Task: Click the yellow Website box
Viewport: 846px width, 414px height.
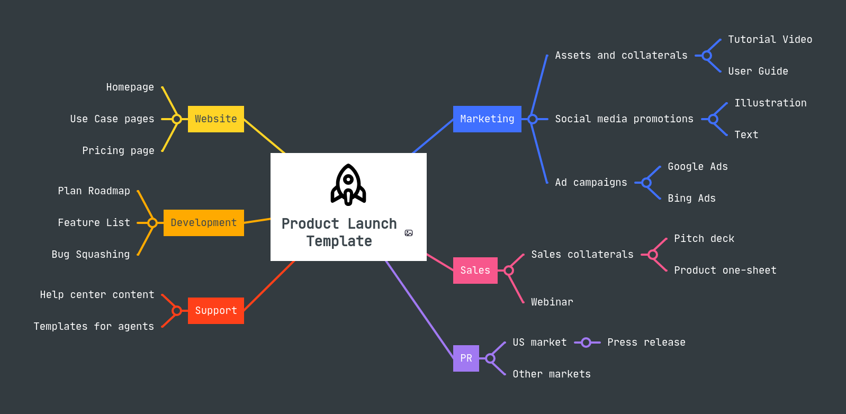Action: pyautogui.click(x=215, y=119)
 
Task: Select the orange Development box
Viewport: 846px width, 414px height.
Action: pyautogui.click(x=203, y=223)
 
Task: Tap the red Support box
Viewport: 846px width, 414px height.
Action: pyautogui.click(x=215, y=311)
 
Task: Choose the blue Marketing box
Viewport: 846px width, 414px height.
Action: pyautogui.click(x=487, y=119)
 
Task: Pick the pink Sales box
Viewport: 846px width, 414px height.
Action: pyautogui.click(x=475, y=271)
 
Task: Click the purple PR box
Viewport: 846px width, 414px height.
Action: pyautogui.click(x=466, y=358)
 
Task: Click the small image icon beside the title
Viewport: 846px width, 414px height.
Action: pyautogui.click(x=409, y=233)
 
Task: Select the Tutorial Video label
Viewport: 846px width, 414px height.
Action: pyautogui.click(x=770, y=40)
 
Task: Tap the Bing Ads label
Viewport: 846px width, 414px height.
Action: pyautogui.click(x=691, y=199)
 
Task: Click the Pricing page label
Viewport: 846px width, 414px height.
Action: pyautogui.click(x=118, y=151)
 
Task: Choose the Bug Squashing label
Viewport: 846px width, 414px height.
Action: pyautogui.click(x=91, y=255)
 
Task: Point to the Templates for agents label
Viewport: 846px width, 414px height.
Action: pyautogui.click(x=94, y=327)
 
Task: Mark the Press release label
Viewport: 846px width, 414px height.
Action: pyautogui.click(x=646, y=343)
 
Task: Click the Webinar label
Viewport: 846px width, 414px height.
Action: pyautogui.click(x=552, y=302)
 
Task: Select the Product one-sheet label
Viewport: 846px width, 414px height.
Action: pyautogui.click(x=725, y=271)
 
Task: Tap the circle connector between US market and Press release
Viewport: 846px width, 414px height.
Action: pyautogui.click(x=586, y=343)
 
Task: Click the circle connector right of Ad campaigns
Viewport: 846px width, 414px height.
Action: pyautogui.click(x=646, y=183)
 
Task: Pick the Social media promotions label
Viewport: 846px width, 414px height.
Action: pyautogui.click(x=624, y=119)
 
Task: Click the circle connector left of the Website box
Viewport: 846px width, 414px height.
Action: pyautogui.click(x=177, y=119)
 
